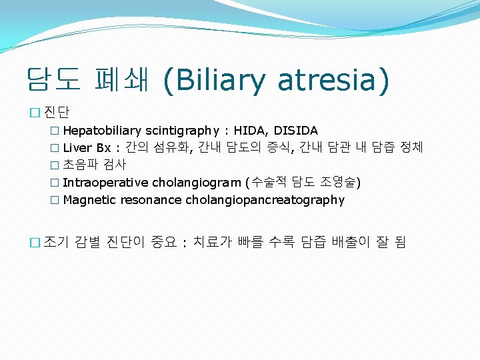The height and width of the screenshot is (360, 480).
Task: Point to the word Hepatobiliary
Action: click(102, 131)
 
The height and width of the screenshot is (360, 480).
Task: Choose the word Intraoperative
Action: click(105, 183)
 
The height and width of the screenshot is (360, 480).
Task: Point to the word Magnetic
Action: click(88, 200)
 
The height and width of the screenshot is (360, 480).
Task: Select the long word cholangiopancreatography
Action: click(265, 200)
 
